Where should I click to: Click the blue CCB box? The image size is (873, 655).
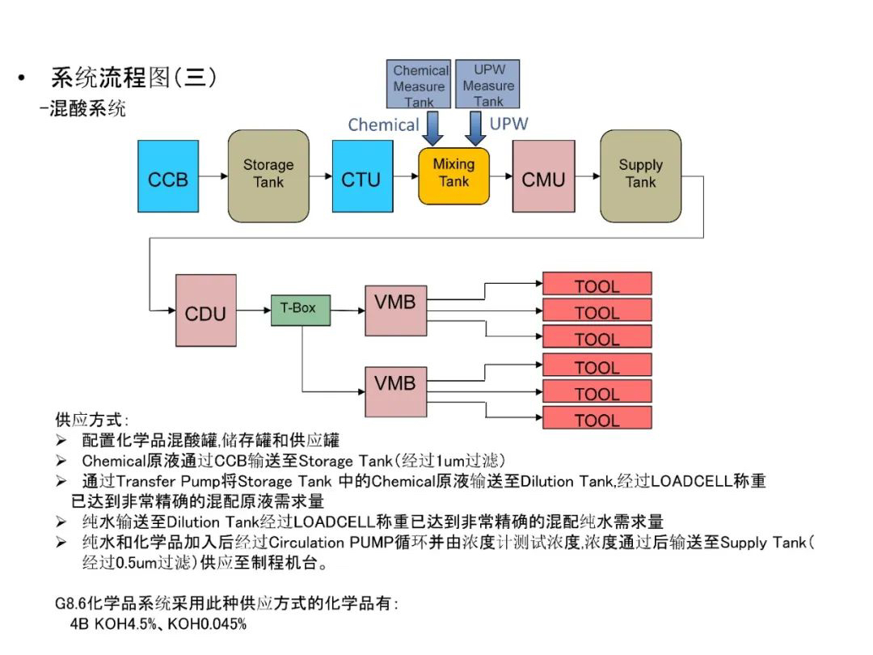coord(167,176)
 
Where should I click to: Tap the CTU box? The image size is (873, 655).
coord(361,176)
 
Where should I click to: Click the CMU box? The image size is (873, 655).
coord(543,176)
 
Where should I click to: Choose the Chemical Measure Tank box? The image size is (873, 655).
coord(420,85)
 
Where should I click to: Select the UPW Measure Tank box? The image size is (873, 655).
coord(487,85)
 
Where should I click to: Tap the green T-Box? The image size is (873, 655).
coord(297,310)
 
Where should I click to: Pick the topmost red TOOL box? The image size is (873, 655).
coord(597,285)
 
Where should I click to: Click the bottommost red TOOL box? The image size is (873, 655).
coord(597,419)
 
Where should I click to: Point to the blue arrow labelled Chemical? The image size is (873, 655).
coord(434,126)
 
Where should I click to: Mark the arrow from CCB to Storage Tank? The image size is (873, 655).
coord(212,175)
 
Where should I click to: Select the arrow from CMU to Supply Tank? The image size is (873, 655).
coord(588,175)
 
